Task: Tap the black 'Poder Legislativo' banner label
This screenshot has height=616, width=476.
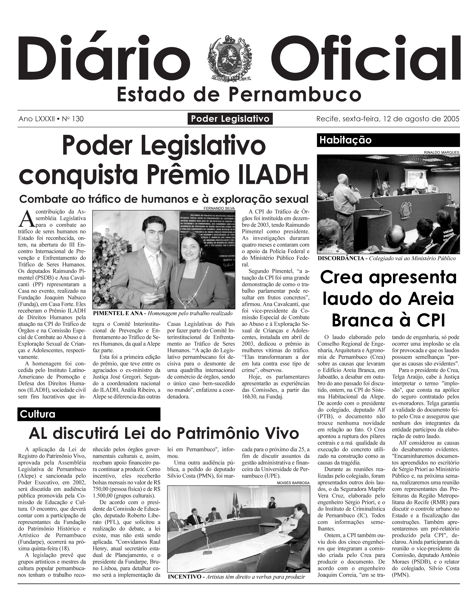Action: (230, 119)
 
